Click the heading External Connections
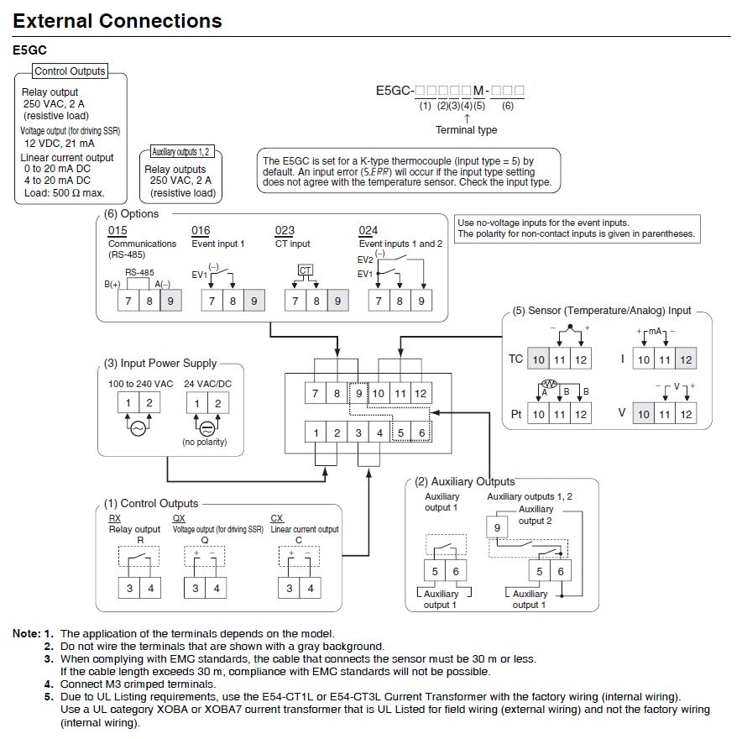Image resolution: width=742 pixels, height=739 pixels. click(118, 21)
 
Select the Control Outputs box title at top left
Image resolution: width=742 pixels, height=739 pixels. click(70, 71)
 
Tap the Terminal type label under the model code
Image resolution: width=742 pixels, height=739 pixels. click(466, 130)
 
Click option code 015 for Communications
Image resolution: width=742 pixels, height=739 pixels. click(118, 230)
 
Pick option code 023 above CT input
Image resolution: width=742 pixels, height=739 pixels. click(285, 230)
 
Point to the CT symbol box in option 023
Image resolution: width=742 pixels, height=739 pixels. click(306, 270)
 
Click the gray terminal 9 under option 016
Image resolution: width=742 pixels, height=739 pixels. click(253, 301)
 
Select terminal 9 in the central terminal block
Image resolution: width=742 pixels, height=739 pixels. click(358, 393)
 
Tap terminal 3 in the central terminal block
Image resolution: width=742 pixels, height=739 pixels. click(358, 432)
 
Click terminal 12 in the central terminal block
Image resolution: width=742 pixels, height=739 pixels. click(421, 393)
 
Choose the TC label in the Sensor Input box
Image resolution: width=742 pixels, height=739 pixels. click(515, 359)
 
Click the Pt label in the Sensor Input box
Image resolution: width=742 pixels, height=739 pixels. click(516, 414)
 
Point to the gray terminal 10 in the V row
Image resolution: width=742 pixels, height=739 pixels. click(643, 414)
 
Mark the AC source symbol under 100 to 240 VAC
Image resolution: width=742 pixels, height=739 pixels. click(138, 427)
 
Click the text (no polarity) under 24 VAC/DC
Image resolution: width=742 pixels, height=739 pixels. click(206, 443)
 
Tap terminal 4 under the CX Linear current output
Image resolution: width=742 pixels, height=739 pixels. click(310, 589)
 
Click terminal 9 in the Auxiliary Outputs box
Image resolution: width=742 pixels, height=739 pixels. click(497, 527)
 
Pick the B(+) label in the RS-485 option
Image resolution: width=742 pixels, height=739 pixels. click(112, 285)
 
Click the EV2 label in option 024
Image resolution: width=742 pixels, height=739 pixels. click(365, 260)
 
